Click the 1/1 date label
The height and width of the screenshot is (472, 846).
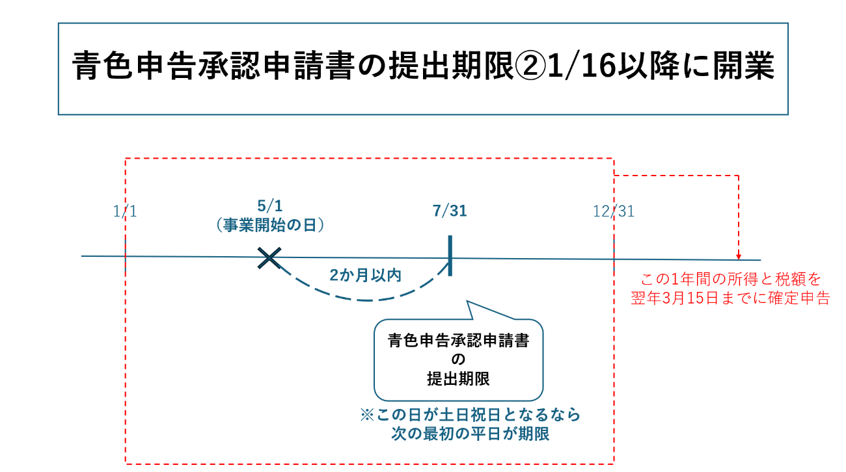tap(124, 211)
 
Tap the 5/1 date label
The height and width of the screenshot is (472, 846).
tap(269, 207)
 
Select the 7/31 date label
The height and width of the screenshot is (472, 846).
tap(450, 211)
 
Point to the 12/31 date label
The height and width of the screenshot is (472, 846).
tap(613, 211)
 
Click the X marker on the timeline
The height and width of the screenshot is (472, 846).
tap(269, 258)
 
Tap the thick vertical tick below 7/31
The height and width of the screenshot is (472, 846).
tap(450, 256)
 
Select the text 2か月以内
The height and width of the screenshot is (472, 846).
tap(365, 275)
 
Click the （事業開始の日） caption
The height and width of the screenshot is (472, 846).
tap(269, 225)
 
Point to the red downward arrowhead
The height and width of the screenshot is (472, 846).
tap(738, 256)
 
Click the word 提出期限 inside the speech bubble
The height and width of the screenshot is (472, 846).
tap(458, 380)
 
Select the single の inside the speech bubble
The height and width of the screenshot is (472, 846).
tap(458, 360)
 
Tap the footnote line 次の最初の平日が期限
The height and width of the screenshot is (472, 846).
tap(466, 434)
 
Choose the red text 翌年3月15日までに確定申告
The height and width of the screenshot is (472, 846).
tap(730, 298)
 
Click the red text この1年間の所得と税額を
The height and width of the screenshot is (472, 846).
tap(730, 280)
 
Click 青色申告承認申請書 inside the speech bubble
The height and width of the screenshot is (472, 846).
tap(458, 341)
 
